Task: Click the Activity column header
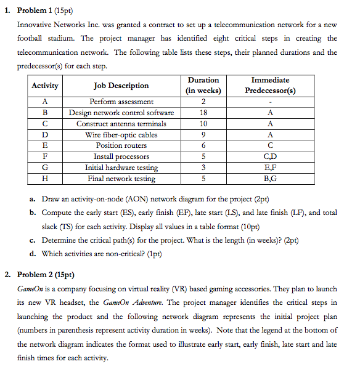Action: [x=45, y=86]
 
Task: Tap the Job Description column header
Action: [x=121, y=86]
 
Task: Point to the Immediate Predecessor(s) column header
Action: [x=270, y=85]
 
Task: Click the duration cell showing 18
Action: [x=203, y=113]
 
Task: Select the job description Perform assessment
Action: [x=121, y=102]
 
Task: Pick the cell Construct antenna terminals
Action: [x=121, y=124]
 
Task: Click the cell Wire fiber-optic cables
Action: [x=121, y=135]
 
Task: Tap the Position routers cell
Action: [x=121, y=145]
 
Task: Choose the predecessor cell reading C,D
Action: [x=270, y=156]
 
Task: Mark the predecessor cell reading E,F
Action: [x=270, y=168]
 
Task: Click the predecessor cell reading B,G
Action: [x=270, y=179]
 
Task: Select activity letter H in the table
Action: [x=45, y=179]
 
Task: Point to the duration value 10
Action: [x=203, y=124]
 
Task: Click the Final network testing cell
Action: [x=121, y=179]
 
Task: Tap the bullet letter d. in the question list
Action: [x=32, y=254]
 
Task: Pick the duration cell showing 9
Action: [x=203, y=135]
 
